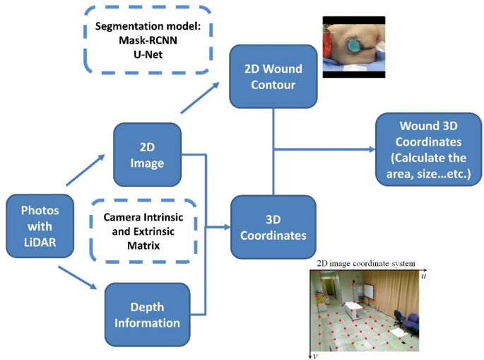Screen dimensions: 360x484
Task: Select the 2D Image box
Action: pyautogui.click(x=147, y=154)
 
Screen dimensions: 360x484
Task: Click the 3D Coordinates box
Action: pyautogui.click(x=273, y=226)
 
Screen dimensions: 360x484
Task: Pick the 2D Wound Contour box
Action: pyautogui.click(x=273, y=79)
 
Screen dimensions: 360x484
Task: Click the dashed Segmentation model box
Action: pyautogui.click(x=147, y=40)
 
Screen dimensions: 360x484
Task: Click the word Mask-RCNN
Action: pyautogui.click(x=146, y=40)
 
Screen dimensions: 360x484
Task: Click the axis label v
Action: pyautogui.click(x=315, y=356)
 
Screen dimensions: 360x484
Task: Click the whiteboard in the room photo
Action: pyautogui.click(x=369, y=290)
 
